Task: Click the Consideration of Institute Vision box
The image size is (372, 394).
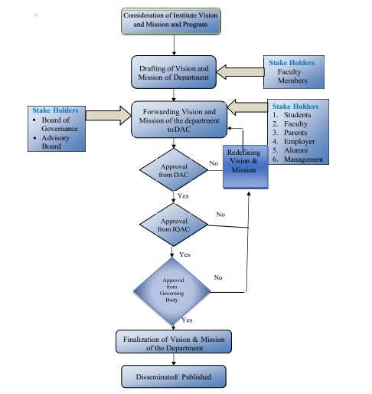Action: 171,21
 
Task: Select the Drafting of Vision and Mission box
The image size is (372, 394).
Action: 174,72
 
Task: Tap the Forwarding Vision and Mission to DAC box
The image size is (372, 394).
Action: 179,120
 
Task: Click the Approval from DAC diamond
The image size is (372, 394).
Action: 174,169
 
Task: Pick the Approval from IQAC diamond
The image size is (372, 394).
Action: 174,225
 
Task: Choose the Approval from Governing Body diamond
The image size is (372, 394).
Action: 171,291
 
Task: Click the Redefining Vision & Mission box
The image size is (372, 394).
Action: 246,167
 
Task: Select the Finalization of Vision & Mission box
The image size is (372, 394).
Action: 174,342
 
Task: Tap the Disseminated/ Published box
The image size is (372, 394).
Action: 174,376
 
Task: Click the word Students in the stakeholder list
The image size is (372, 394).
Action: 298,115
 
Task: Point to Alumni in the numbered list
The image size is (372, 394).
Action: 296,150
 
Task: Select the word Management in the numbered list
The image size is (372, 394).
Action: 304,159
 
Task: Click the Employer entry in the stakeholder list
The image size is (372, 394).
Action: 299,141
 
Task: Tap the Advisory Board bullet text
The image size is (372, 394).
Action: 55,142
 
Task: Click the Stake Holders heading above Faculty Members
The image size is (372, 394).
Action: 292,63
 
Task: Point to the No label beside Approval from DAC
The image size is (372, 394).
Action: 214,163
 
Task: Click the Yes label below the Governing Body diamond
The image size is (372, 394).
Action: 187,320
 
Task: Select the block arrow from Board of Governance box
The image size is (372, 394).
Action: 108,116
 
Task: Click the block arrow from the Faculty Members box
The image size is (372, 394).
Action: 240,72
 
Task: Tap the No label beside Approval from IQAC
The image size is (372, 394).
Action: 220,214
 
